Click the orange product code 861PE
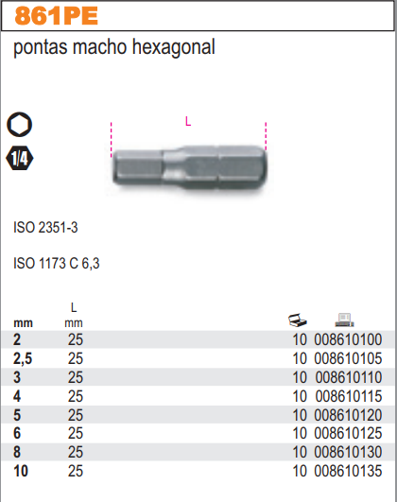[x=56, y=16]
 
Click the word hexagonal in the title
[x=173, y=47]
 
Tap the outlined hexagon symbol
[x=19, y=125]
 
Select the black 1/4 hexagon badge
[x=20, y=158]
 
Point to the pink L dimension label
[x=188, y=121]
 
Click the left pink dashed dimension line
[x=112, y=140]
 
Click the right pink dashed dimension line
[x=266, y=136]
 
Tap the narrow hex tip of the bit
[x=138, y=166]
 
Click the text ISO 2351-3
[x=45, y=227]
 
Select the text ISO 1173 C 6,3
[x=57, y=263]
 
